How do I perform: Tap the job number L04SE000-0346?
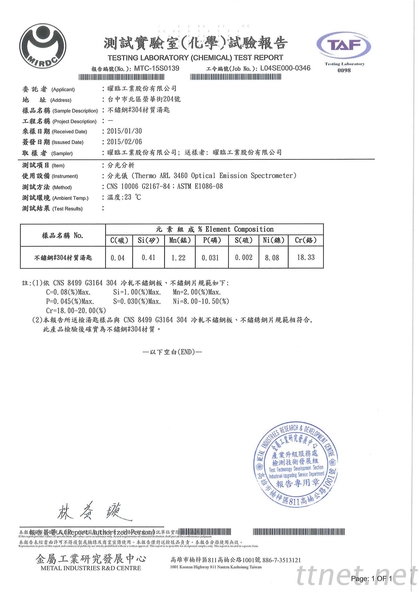click(x=285, y=68)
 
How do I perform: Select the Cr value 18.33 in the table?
click(x=306, y=257)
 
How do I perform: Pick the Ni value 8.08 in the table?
click(x=272, y=258)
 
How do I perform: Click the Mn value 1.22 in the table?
click(x=178, y=258)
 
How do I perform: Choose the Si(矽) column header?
click(x=148, y=240)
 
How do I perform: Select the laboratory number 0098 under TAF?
click(x=344, y=70)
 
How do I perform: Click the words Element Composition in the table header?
click(x=239, y=229)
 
